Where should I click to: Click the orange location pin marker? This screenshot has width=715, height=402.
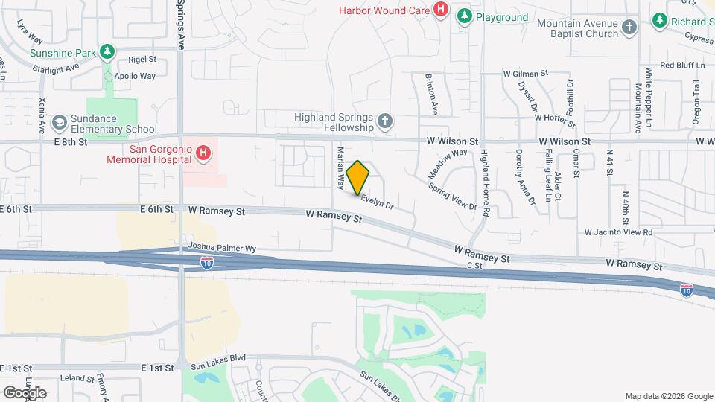(358, 177)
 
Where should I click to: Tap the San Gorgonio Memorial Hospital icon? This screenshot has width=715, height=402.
(203, 154)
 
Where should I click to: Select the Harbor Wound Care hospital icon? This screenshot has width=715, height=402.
(441, 10)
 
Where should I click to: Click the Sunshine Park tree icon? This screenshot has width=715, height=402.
(109, 51)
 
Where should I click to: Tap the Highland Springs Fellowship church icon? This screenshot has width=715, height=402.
(385, 121)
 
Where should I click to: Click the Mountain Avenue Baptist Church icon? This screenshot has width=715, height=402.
(630, 28)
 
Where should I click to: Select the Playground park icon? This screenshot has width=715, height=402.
(465, 16)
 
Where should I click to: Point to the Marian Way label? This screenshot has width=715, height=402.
(340, 168)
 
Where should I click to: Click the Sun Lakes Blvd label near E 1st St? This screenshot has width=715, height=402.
(218, 366)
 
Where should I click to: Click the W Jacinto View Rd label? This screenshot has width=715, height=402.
(618, 232)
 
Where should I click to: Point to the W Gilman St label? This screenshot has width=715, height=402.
(525, 74)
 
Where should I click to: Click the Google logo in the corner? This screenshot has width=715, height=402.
(25, 392)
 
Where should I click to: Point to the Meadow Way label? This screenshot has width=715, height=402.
(448, 164)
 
